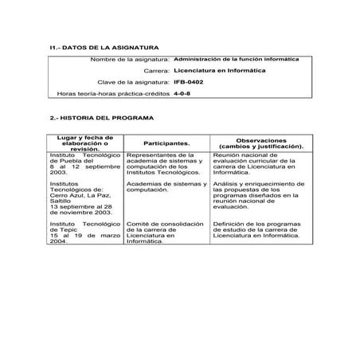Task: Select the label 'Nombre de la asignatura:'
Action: coord(129,60)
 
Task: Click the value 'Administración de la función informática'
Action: coord(231,59)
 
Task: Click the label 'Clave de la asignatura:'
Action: coord(133,82)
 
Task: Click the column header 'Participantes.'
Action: coord(166,143)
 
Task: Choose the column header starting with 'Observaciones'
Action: coord(260,143)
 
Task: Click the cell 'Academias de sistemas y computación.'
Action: coord(166,186)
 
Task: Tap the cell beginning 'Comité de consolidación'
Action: coord(166,234)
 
